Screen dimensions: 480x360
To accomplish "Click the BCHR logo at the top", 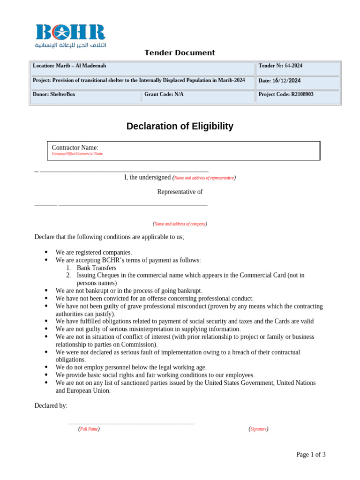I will (x=71, y=36).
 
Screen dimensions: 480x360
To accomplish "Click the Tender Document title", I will (x=180, y=53).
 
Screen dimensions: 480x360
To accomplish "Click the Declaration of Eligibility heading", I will (x=180, y=126).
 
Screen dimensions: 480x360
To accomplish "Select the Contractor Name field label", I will (x=75, y=148).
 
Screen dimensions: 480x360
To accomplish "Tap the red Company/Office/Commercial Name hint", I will (x=77, y=154).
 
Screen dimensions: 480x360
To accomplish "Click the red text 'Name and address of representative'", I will (x=204, y=178).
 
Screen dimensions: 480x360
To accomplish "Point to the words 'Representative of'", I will (x=180, y=192).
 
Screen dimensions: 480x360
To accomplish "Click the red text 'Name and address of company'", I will (x=180, y=224).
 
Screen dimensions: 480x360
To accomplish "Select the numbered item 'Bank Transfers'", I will (x=97, y=268).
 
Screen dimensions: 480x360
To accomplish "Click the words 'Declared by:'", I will (x=51, y=405).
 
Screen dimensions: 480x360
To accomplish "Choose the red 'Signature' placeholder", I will (x=258, y=429).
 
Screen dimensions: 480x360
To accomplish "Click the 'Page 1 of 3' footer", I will (x=311, y=454).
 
